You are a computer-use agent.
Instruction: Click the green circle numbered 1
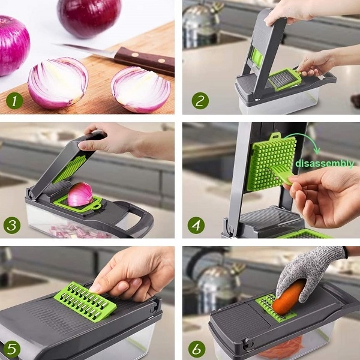(x=14, y=101)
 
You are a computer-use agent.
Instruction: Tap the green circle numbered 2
(x=200, y=101)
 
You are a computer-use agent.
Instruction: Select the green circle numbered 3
(x=12, y=225)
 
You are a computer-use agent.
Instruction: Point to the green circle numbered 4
(x=196, y=225)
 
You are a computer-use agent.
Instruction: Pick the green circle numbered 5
(x=11, y=349)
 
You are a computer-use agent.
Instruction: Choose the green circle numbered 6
(x=197, y=349)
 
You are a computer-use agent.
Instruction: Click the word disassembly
(x=325, y=164)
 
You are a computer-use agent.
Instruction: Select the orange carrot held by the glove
(x=288, y=298)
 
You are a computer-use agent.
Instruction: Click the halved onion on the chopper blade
(x=80, y=194)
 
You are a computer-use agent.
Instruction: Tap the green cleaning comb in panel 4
(x=281, y=175)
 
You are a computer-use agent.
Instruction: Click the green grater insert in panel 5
(x=85, y=301)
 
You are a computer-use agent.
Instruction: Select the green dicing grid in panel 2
(x=284, y=79)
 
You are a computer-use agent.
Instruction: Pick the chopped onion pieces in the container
(x=78, y=232)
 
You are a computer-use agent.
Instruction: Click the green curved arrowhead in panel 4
(x=317, y=151)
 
